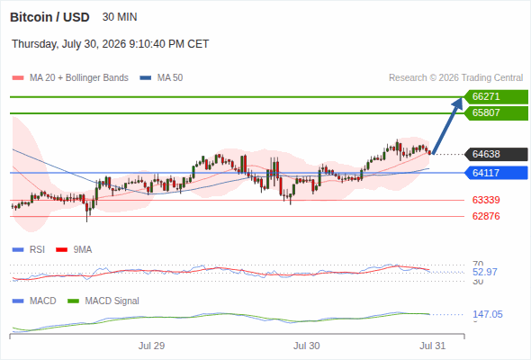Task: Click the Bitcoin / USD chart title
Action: point(49,17)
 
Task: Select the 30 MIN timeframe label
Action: point(120,17)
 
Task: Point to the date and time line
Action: point(111,44)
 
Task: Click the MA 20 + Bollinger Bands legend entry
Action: point(70,78)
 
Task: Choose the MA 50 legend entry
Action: point(161,78)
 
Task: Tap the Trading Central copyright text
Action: point(455,78)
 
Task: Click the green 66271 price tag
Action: point(496,97)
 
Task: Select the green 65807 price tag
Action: point(496,112)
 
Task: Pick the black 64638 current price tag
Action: point(496,154)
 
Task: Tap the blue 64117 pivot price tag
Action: point(496,173)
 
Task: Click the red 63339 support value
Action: point(486,200)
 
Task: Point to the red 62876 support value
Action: point(486,216)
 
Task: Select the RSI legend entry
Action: point(29,250)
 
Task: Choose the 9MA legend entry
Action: point(74,250)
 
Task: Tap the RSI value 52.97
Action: point(485,272)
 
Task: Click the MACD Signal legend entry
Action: point(103,301)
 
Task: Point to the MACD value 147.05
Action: point(488,314)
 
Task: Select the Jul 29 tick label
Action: point(151,346)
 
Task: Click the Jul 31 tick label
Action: point(433,346)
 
